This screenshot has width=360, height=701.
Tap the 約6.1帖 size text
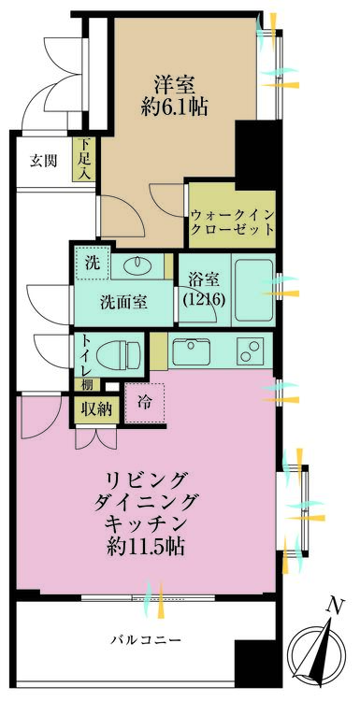(x=175, y=107)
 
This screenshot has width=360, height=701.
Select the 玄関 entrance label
(x=43, y=161)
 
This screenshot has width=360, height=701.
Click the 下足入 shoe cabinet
(x=82, y=159)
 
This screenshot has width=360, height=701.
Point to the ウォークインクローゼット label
(x=232, y=222)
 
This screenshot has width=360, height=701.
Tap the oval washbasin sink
(x=137, y=266)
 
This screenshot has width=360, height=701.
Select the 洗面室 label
(x=123, y=303)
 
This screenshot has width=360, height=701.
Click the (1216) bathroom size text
(x=204, y=300)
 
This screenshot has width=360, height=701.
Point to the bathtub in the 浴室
(x=253, y=290)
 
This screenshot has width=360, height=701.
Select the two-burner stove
(x=249, y=350)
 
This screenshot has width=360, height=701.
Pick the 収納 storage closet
(x=96, y=409)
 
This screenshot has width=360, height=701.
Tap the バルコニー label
(x=146, y=639)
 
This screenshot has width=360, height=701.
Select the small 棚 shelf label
(x=87, y=384)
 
